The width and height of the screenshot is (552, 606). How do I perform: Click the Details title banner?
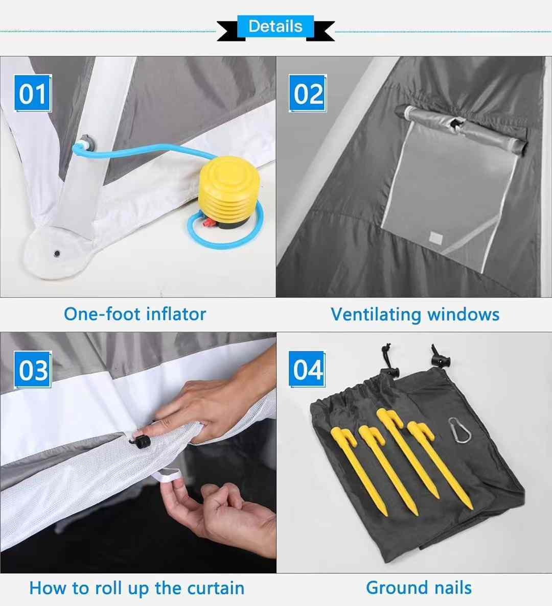click(x=275, y=27)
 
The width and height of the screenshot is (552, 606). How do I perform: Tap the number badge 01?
click(x=33, y=93)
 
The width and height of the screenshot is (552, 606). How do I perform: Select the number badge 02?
click(x=308, y=93)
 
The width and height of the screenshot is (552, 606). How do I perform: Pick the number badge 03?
click(x=33, y=370)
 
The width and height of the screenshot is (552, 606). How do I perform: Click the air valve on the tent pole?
click(x=85, y=142)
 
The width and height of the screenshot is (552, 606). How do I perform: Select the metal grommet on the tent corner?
click(x=57, y=253)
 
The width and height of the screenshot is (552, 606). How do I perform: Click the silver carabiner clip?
click(x=461, y=430)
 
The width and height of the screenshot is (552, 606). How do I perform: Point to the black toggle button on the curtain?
click(x=140, y=440)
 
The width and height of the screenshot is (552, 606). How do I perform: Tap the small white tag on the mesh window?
click(x=435, y=237)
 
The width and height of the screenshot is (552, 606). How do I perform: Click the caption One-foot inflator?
click(x=135, y=313)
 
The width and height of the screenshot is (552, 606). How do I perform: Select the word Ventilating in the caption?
click(x=376, y=314)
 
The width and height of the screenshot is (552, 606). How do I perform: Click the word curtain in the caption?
click(x=215, y=588)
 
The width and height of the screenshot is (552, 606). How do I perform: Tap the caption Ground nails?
click(x=419, y=588)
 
